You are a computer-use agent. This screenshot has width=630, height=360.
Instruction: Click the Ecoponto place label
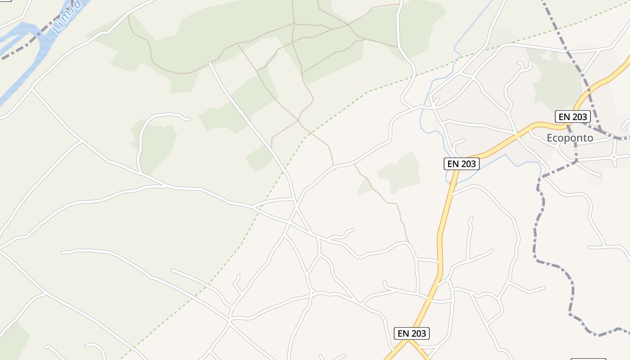click(570, 138)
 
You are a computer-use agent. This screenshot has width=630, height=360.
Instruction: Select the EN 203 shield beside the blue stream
click(462, 164)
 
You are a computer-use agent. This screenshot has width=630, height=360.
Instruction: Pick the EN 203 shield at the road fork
click(412, 333)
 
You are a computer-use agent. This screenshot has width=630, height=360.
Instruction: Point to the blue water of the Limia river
click(27, 67)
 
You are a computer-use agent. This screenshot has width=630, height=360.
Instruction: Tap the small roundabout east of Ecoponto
click(614, 157)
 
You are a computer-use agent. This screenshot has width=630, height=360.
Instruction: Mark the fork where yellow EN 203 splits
click(409, 341)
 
